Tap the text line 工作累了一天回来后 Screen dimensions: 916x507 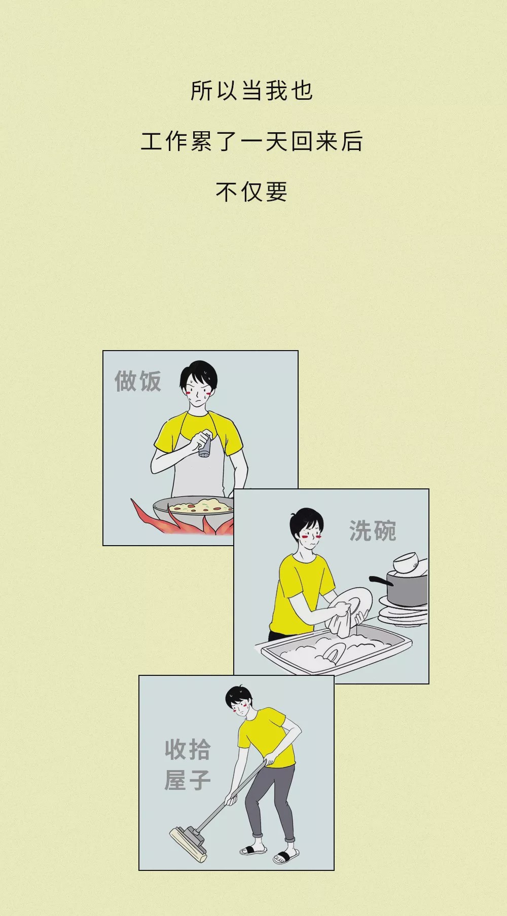252,141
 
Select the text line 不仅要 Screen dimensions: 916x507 252,192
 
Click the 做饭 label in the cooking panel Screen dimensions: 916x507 137,381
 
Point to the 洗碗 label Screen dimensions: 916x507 373,530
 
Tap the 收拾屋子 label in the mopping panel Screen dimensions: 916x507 187,765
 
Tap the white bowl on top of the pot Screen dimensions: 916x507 406,563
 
